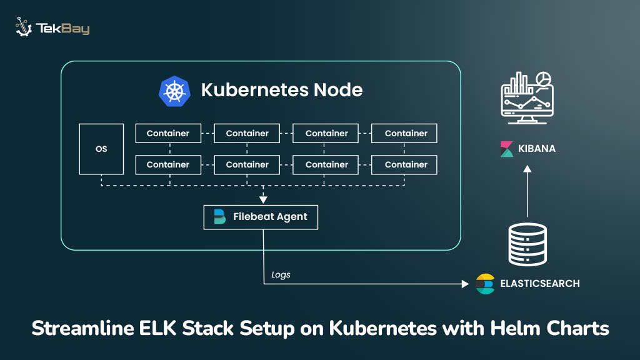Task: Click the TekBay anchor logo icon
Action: (24, 27)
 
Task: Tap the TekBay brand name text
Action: (62, 29)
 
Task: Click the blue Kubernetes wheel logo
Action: (174, 90)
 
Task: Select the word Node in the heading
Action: (337, 90)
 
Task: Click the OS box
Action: (101, 149)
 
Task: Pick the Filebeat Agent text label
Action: (270, 217)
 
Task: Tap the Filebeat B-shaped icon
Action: (219, 217)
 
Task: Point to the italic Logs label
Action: (281, 274)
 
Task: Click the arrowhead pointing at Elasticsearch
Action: (464, 284)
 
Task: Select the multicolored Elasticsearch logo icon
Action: (485, 284)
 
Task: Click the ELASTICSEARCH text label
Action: (540, 284)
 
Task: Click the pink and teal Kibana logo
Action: (507, 149)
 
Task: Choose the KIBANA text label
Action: (536, 149)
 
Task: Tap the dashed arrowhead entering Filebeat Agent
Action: (263, 200)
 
